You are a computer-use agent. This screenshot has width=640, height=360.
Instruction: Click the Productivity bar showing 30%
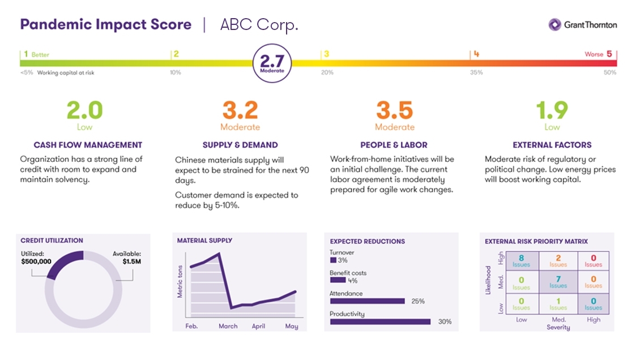380,322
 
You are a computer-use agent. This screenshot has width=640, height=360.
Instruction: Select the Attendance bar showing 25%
367,301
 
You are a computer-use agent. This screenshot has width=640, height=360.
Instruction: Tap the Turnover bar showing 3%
332,260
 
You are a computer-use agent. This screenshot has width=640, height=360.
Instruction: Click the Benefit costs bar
338,280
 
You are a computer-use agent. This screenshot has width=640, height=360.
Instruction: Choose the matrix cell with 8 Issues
521,261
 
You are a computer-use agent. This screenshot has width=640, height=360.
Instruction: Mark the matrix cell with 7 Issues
558,282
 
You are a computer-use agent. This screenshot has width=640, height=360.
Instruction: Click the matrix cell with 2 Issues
558,261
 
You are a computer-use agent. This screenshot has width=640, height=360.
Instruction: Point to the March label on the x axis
228,327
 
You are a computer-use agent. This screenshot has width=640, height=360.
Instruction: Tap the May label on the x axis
291,327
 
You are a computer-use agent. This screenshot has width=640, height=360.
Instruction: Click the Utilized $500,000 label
36,258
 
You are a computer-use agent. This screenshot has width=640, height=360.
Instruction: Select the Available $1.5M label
127,258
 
